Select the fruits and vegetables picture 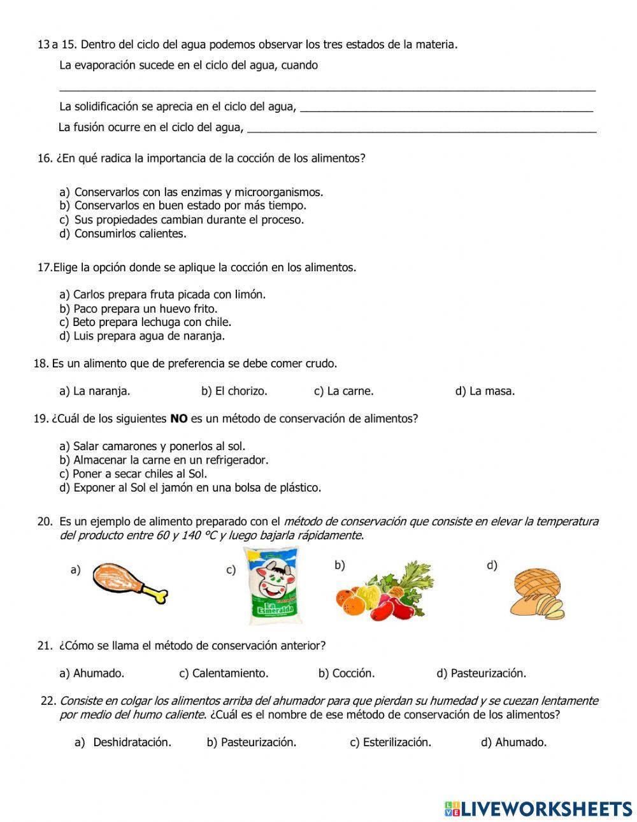(x=383, y=591)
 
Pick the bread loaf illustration (x=537, y=594)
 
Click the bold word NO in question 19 (x=179, y=419)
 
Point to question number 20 (x=45, y=521)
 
